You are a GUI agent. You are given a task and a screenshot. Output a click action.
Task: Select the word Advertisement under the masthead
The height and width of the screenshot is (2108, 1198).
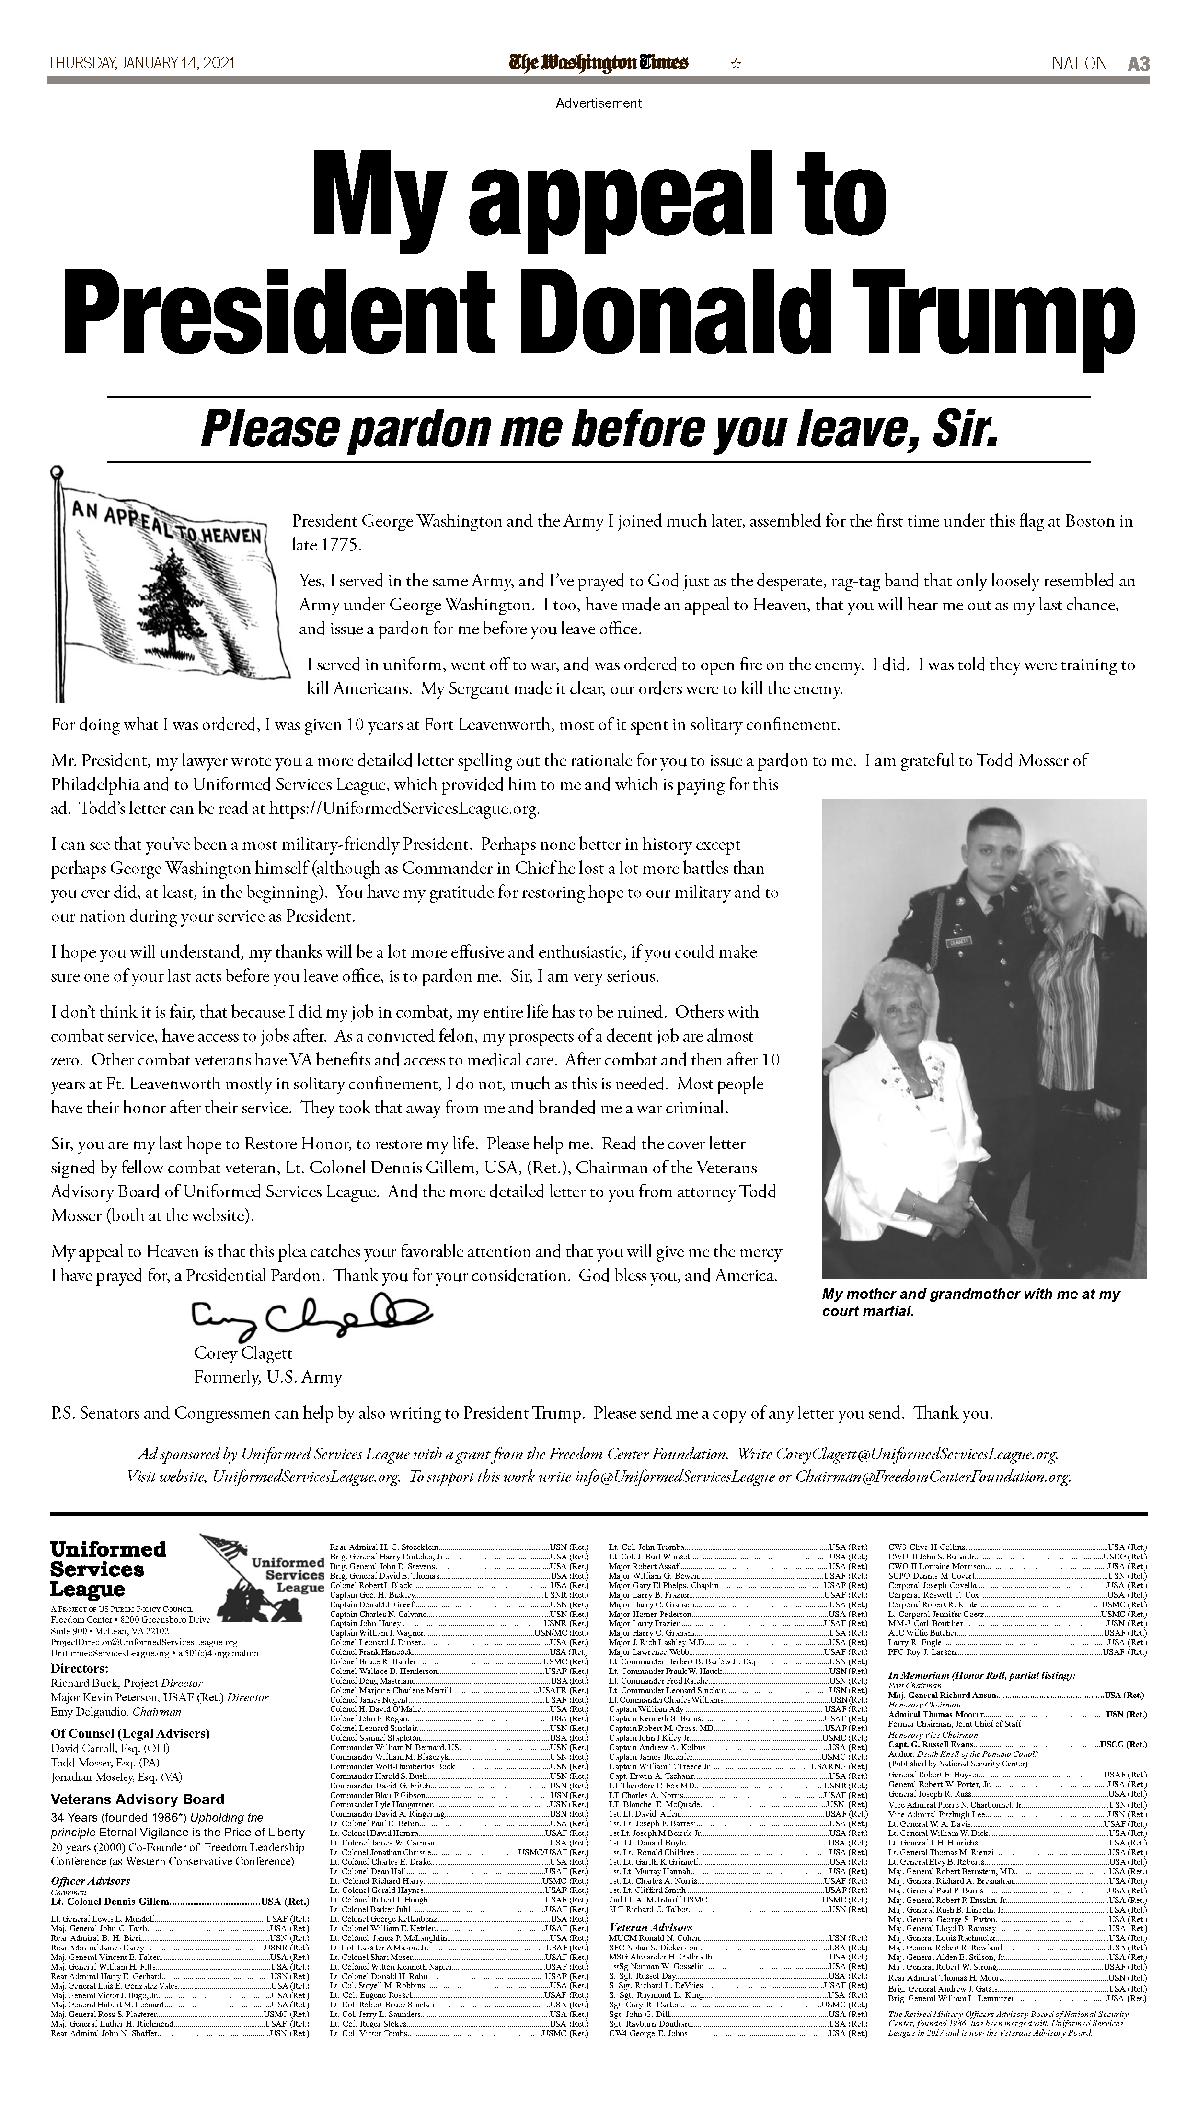coord(598,103)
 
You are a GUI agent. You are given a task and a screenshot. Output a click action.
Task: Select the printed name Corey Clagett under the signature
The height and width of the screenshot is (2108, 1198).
coord(243,1353)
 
